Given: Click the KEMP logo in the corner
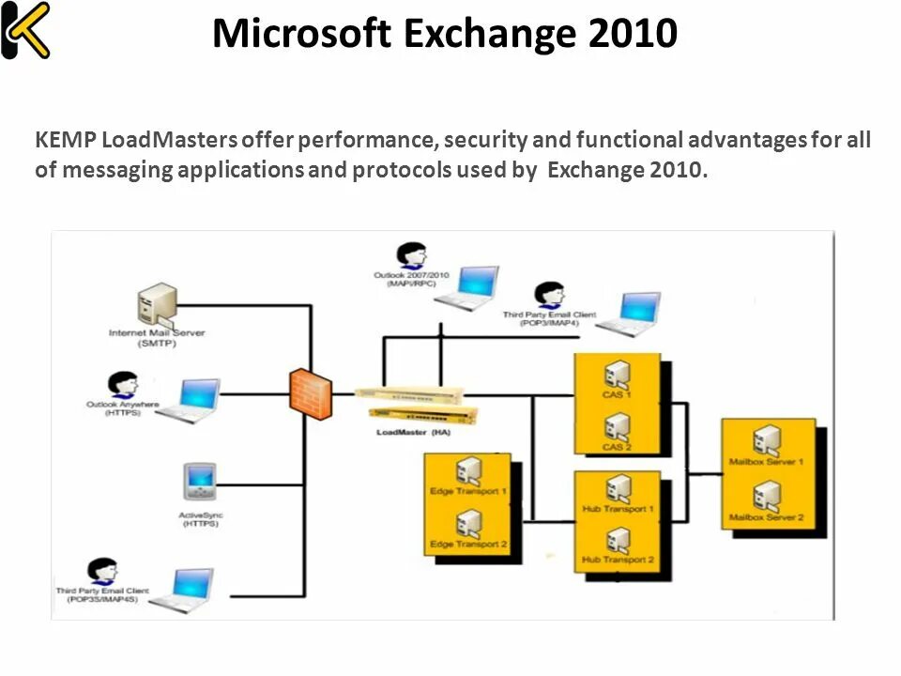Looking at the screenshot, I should click(x=24, y=31).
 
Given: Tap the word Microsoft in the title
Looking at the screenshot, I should click(x=301, y=34).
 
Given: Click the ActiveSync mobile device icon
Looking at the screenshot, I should click(x=200, y=483).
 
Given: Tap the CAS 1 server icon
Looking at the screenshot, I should click(x=617, y=376).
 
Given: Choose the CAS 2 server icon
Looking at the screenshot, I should click(x=617, y=426).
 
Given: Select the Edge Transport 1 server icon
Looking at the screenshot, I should click(x=468, y=470).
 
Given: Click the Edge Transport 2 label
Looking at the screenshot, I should click(x=468, y=545).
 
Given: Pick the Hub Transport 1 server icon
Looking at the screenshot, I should click(x=618, y=489).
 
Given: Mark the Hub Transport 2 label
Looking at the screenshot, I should click(x=618, y=560).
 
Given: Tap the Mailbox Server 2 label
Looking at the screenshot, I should click(x=767, y=517).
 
